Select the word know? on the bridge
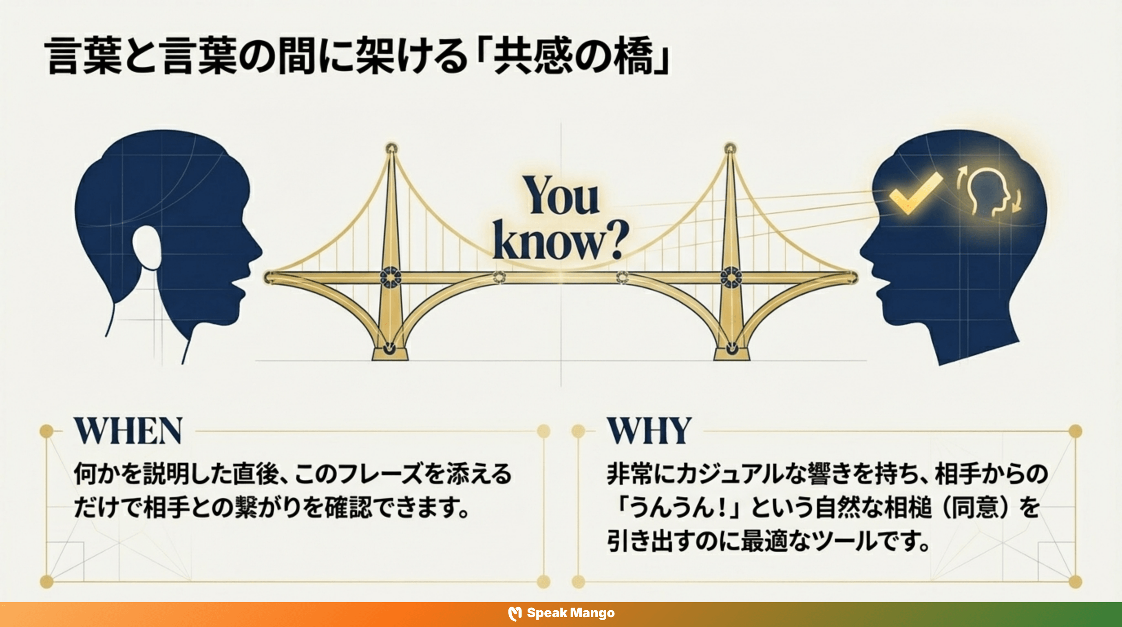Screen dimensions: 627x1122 point(561,241)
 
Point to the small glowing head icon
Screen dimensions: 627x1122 point(989,192)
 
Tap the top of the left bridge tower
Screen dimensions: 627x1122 point(391,148)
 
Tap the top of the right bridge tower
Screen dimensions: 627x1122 point(731,148)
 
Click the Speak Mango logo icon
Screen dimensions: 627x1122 point(515,613)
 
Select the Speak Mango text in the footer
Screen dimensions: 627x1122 point(571,613)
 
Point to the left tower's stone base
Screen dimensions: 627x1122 point(390,354)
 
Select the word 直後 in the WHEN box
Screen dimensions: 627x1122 point(253,474)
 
